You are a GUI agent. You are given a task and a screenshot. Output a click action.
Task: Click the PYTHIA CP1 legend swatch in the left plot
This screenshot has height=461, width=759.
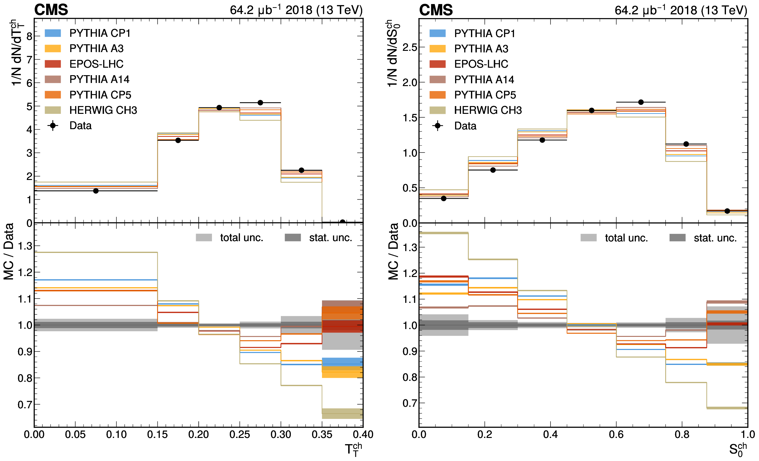(x=53, y=33)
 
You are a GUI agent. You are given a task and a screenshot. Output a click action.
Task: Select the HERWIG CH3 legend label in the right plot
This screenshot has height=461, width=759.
(x=488, y=110)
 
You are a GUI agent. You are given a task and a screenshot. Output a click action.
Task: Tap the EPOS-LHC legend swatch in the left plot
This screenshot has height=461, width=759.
(x=53, y=64)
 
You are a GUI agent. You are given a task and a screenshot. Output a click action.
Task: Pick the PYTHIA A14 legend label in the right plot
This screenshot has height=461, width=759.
(x=484, y=80)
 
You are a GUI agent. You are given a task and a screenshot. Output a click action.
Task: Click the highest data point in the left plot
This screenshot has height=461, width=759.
(x=260, y=103)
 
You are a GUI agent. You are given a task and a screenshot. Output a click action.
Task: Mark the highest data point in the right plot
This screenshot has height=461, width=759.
(x=641, y=102)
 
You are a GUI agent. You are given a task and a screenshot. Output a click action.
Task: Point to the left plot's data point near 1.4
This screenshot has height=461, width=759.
(x=96, y=191)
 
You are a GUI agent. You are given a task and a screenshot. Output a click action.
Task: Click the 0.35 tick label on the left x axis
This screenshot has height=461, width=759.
(x=322, y=434)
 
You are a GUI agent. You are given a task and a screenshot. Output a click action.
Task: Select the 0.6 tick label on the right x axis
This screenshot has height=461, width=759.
(x=616, y=434)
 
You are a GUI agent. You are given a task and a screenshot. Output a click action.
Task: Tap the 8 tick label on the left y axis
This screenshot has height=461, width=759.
(x=29, y=36)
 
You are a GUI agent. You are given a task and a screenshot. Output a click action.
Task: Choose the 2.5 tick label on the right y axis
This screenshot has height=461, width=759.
(x=410, y=48)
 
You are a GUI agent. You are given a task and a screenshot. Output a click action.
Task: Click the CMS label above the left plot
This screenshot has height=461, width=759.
(x=51, y=10)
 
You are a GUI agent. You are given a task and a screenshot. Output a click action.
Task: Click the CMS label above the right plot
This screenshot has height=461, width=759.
(x=436, y=10)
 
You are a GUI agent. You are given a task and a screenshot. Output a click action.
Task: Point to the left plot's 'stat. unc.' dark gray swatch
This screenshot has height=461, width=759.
(x=293, y=238)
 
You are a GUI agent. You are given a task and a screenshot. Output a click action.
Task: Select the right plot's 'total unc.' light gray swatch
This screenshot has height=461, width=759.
(x=588, y=238)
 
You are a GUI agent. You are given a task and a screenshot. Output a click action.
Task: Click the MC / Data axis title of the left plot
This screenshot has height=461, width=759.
(x=9, y=251)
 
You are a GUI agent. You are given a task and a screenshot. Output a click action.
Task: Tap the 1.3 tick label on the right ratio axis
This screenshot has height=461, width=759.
(x=410, y=248)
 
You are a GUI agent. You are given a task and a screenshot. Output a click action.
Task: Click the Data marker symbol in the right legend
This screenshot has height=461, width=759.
(x=438, y=126)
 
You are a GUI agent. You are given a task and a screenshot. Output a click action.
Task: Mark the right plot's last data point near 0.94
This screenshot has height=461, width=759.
(x=727, y=211)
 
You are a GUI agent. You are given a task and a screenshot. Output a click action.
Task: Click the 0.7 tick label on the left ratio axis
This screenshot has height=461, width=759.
(x=25, y=405)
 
